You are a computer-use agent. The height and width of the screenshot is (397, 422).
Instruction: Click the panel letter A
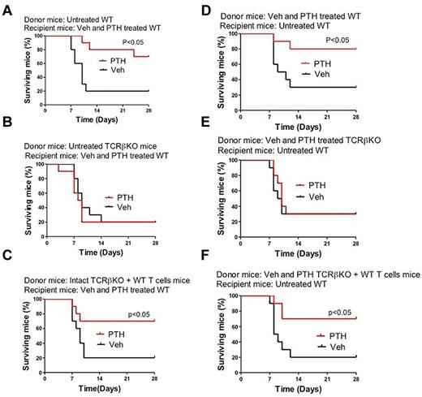point(6,7)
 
